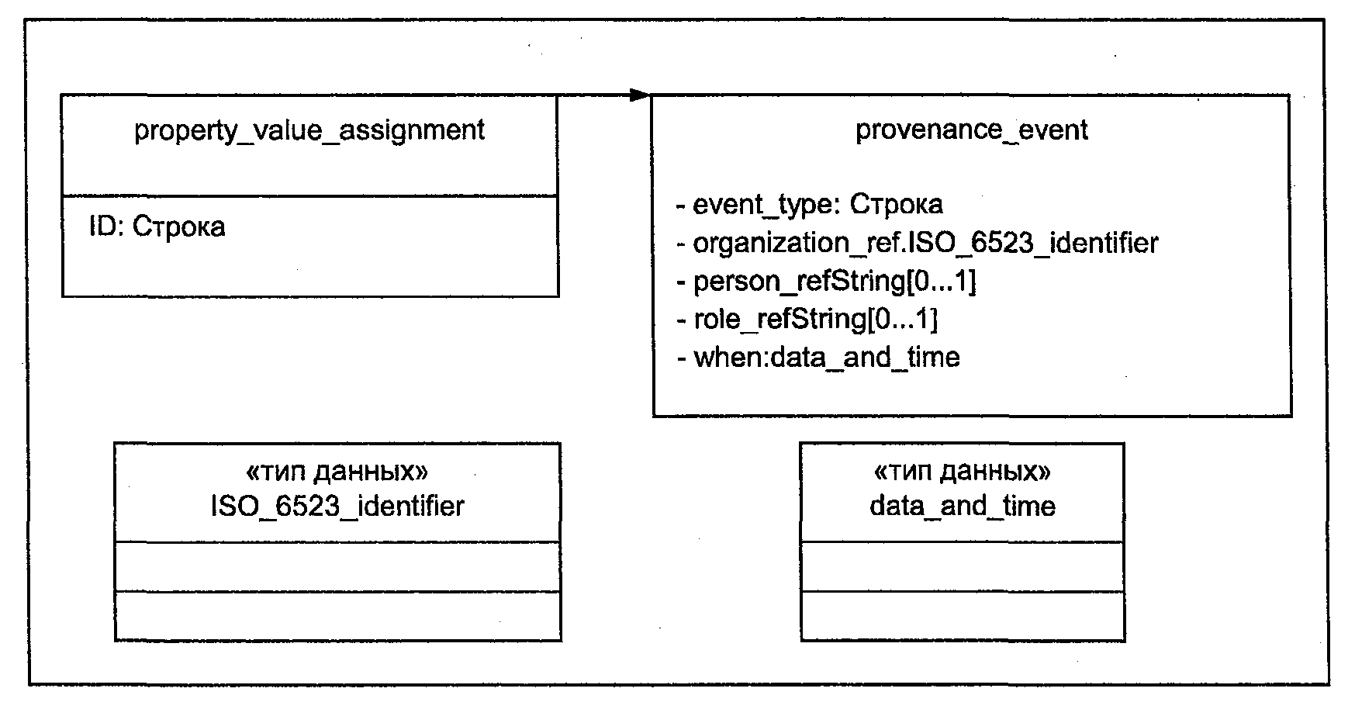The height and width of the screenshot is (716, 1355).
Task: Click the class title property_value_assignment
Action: [309, 130]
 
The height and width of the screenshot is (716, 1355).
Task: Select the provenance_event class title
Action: [972, 130]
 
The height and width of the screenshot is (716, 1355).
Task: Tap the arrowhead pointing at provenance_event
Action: [640, 95]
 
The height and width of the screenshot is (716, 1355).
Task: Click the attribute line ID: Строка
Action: [157, 227]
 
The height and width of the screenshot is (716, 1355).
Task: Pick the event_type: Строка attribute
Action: [810, 204]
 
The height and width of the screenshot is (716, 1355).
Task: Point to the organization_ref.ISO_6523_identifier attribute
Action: [918, 243]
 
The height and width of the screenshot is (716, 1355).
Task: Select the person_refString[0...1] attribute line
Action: [827, 281]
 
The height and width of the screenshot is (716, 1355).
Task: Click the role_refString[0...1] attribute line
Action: [807, 319]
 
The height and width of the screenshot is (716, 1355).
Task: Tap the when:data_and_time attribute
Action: [818, 357]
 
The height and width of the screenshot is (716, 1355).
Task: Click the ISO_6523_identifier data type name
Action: [337, 506]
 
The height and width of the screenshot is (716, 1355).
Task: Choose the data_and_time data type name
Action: [963, 506]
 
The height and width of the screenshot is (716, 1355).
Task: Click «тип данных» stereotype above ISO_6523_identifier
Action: [337, 471]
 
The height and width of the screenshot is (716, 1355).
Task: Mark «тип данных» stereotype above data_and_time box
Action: [963, 471]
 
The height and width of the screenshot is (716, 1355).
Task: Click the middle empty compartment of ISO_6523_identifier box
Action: [337, 566]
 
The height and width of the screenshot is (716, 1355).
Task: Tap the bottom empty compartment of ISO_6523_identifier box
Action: [337, 616]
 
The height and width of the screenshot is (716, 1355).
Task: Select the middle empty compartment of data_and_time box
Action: [963, 566]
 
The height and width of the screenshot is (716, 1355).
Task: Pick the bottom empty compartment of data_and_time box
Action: [963, 616]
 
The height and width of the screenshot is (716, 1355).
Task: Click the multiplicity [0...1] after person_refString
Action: [942, 281]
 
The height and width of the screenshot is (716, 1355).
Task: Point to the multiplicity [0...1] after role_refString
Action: [903, 319]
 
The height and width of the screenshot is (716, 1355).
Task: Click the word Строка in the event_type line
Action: [897, 204]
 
